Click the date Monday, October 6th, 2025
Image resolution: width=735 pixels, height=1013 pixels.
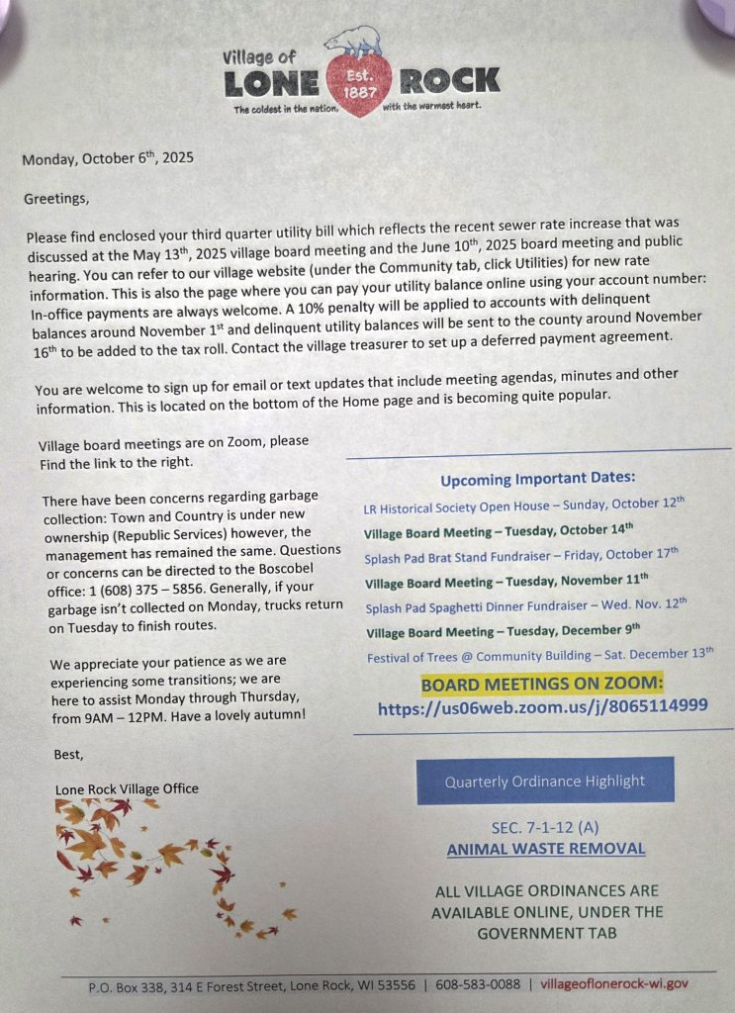pyautogui.click(x=108, y=158)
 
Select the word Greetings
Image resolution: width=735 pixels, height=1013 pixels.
pyautogui.click(x=56, y=199)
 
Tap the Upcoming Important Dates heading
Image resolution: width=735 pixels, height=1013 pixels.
pyautogui.click(x=537, y=480)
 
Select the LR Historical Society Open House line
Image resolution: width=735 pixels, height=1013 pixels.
pyautogui.click(x=524, y=506)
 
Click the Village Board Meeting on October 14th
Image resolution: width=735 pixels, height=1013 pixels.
pyautogui.click(x=499, y=530)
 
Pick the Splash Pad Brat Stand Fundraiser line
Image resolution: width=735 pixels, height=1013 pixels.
pyautogui.click(x=521, y=556)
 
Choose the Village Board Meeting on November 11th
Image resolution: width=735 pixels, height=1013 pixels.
pyautogui.click(x=506, y=582)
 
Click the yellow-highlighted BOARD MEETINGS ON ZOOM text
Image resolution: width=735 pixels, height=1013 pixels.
pyautogui.click(x=541, y=685)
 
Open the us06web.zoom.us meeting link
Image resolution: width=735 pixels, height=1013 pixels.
pyautogui.click(x=542, y=707)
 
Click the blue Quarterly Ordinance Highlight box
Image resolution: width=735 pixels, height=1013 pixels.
pyautogui.click(x=545, y=781)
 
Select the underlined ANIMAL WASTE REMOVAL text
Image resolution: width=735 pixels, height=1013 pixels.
pyautogui.click(x=546, y=849)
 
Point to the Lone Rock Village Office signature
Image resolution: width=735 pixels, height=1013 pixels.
pyautogui.click(x=127, y=788)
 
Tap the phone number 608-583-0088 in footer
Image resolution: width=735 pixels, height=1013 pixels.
pyautogui.click(x=479, y=984)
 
